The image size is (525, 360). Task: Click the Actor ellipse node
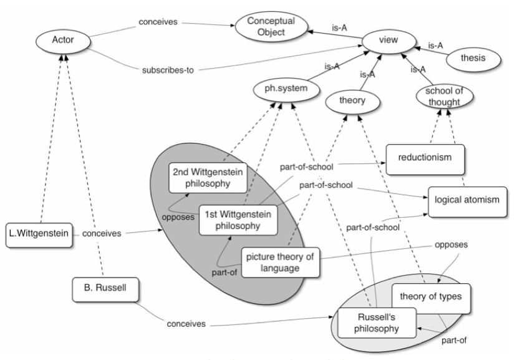click(63, 40)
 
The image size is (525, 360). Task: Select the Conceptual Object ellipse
click(271, 26)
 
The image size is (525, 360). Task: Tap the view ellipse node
click(388, 41)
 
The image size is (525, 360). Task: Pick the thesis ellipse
click(473, 58)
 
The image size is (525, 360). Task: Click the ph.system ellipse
click(286, 89)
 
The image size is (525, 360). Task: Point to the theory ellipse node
click(352, 101)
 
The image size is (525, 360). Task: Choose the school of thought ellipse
click(445, 97)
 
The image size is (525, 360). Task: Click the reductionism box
click(425, 159)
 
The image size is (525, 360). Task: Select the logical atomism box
click(468, 202)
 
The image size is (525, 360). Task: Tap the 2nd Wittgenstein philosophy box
click(208, 178)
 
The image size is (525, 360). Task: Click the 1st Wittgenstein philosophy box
click(238, 220)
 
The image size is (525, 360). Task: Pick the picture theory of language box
click(280, 263)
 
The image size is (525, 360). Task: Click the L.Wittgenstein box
click(39, 235)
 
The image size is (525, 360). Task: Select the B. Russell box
click(105, 289)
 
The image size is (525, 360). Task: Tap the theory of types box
click(431, 298)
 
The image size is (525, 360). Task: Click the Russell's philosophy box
click(377, 323)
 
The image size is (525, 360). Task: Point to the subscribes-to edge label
click(168, 71)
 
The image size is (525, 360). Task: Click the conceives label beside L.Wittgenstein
click(102, 233)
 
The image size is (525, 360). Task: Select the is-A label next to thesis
click(436, 45)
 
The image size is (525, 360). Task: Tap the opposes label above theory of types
click(451, 245)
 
